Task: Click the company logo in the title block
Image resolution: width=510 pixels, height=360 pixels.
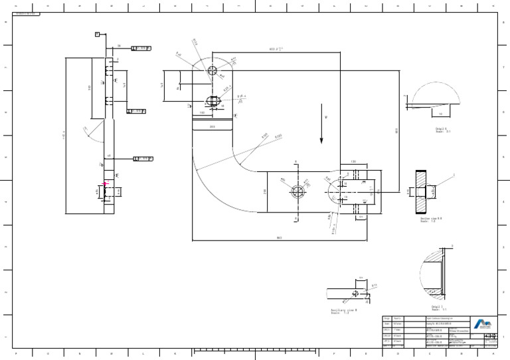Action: (483, 323)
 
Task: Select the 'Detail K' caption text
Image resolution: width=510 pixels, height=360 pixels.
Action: (442, 130)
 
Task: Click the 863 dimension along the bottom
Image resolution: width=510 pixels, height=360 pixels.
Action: (280, 237)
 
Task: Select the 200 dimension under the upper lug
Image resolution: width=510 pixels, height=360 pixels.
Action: (212, 126)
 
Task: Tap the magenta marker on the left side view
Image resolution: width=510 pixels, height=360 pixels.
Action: (105, 185)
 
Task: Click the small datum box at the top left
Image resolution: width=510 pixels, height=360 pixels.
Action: (98, 33)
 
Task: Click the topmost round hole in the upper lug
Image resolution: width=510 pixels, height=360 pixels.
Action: (212, 70)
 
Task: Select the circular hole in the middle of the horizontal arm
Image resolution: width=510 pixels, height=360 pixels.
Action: (297, 191)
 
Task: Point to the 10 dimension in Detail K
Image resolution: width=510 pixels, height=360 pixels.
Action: (440, 114)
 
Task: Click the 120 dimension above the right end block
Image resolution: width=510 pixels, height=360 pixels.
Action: (353, 161)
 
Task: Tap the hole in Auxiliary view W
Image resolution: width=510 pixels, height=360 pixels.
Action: (358, 293)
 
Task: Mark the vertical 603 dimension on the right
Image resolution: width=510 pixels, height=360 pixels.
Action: (396, 130)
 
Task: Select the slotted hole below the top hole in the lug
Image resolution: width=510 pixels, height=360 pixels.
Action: (212, 101)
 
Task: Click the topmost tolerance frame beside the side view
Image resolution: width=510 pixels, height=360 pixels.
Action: (142, 48)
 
